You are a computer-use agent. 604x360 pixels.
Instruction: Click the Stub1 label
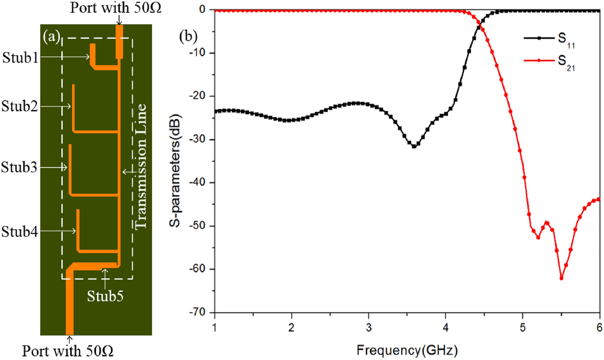tap(20, 58)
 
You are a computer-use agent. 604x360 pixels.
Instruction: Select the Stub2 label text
tap(19, 106)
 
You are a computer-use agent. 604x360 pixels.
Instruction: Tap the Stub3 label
tap(19, 167)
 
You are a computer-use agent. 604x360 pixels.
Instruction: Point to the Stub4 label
tap(19, 231)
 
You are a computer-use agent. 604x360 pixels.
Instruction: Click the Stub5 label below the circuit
tap(105, 296)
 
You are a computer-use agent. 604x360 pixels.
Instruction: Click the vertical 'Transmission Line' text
tap(140, 166)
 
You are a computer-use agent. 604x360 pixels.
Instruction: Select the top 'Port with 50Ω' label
tap(116, 8)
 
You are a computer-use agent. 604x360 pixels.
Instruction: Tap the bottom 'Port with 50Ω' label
tap(68, 351)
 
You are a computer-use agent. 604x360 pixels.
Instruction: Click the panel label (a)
tap(51, 37)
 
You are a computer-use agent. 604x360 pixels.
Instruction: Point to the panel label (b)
tap(188, 37)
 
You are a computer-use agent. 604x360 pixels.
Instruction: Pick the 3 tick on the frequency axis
tap(369, 327)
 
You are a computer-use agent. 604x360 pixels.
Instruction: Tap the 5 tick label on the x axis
tap(523, 327)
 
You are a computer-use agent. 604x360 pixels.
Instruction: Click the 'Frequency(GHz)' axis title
tap(407, 350)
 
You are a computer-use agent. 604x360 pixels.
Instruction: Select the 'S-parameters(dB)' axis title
tap(175, 171)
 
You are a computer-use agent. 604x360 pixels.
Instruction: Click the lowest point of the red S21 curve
tap(561, 278)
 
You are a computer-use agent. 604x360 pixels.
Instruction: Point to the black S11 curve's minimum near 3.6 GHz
tap(414, 147)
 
